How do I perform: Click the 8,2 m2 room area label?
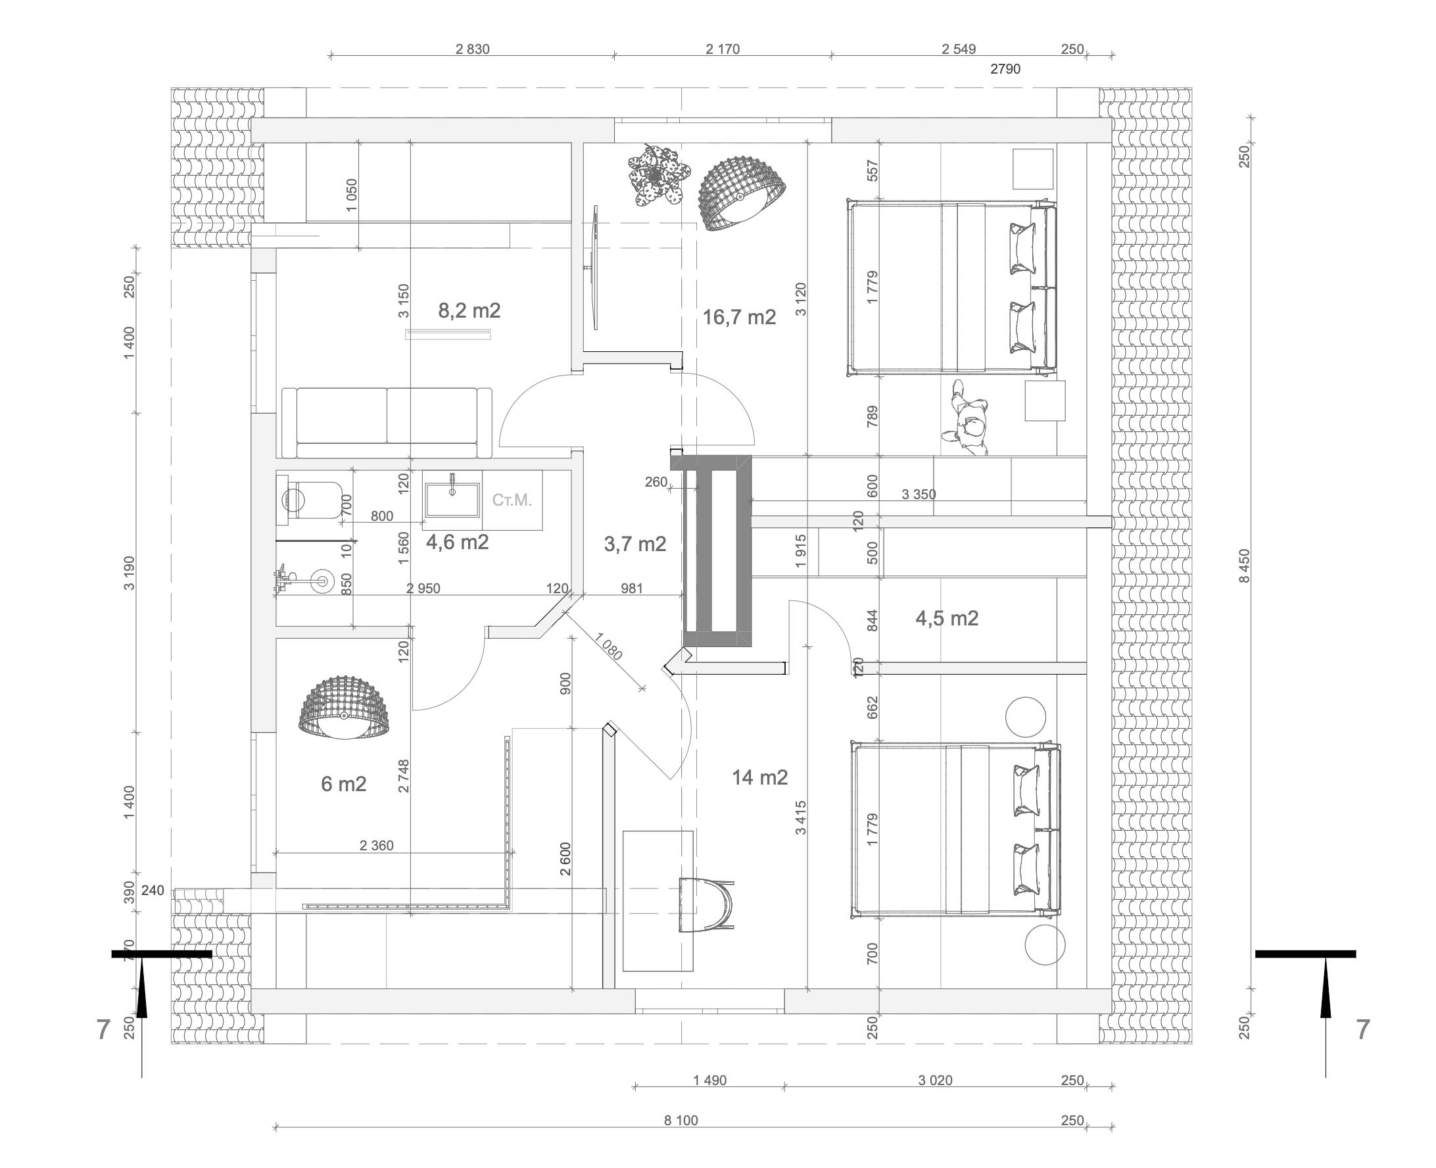coord(469,310)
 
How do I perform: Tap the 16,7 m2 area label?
coord(739,317)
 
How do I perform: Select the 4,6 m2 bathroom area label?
coord(458,542)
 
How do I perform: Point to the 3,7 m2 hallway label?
coord(635,544)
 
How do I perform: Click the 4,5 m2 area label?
coord(947,618)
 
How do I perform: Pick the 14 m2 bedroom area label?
coord(760,777)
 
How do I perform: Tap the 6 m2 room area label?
coord(344,784)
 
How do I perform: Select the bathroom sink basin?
coord(452,499)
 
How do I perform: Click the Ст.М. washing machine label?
coord(512,500)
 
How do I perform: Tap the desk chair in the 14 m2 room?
coord(706,905)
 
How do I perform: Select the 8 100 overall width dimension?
coord(681,1120)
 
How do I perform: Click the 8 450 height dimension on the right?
coord(1244,566)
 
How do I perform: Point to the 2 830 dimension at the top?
coord(472,49)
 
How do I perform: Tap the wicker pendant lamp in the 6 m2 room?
coord(345,708)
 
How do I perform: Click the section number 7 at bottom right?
coord(1362,1030)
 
